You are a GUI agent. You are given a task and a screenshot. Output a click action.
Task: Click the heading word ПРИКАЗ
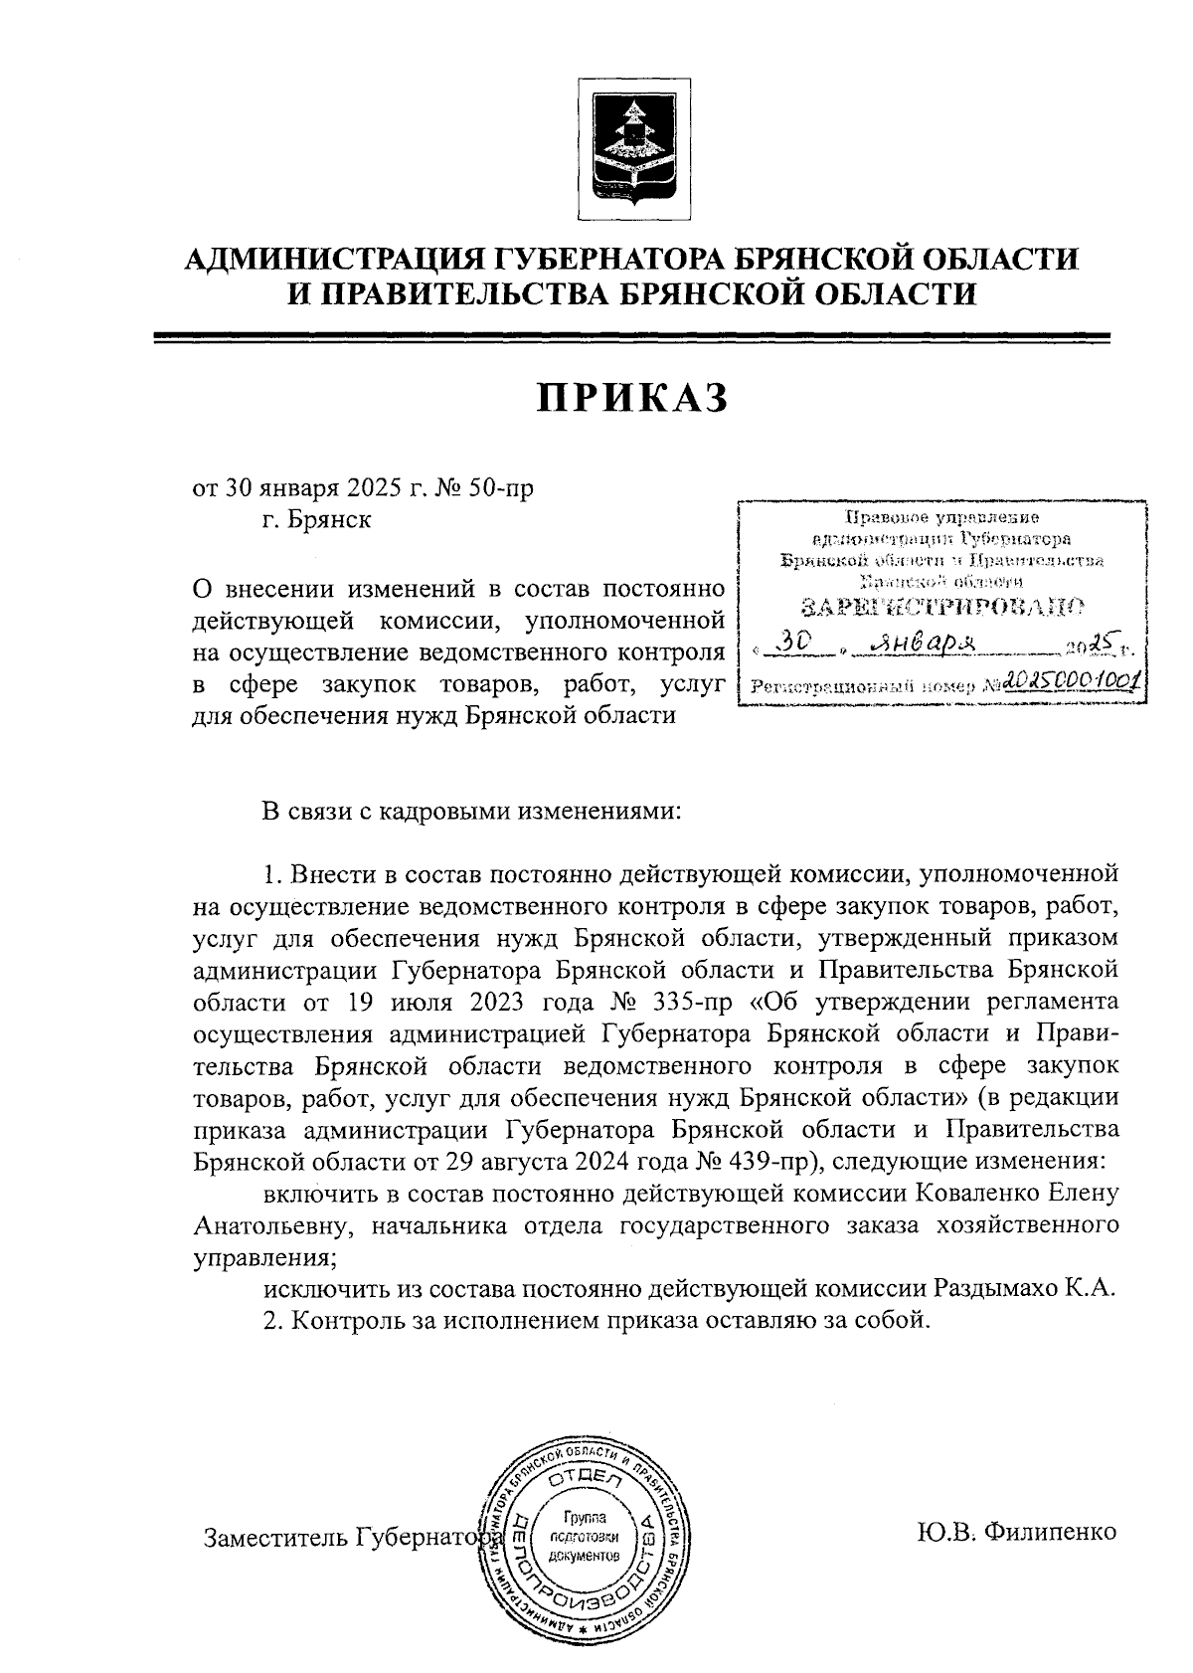(632, 397)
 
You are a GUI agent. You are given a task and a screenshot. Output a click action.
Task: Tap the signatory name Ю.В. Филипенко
(1017, 1532)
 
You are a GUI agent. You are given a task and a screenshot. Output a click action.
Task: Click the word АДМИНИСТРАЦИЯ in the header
(335, 260)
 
